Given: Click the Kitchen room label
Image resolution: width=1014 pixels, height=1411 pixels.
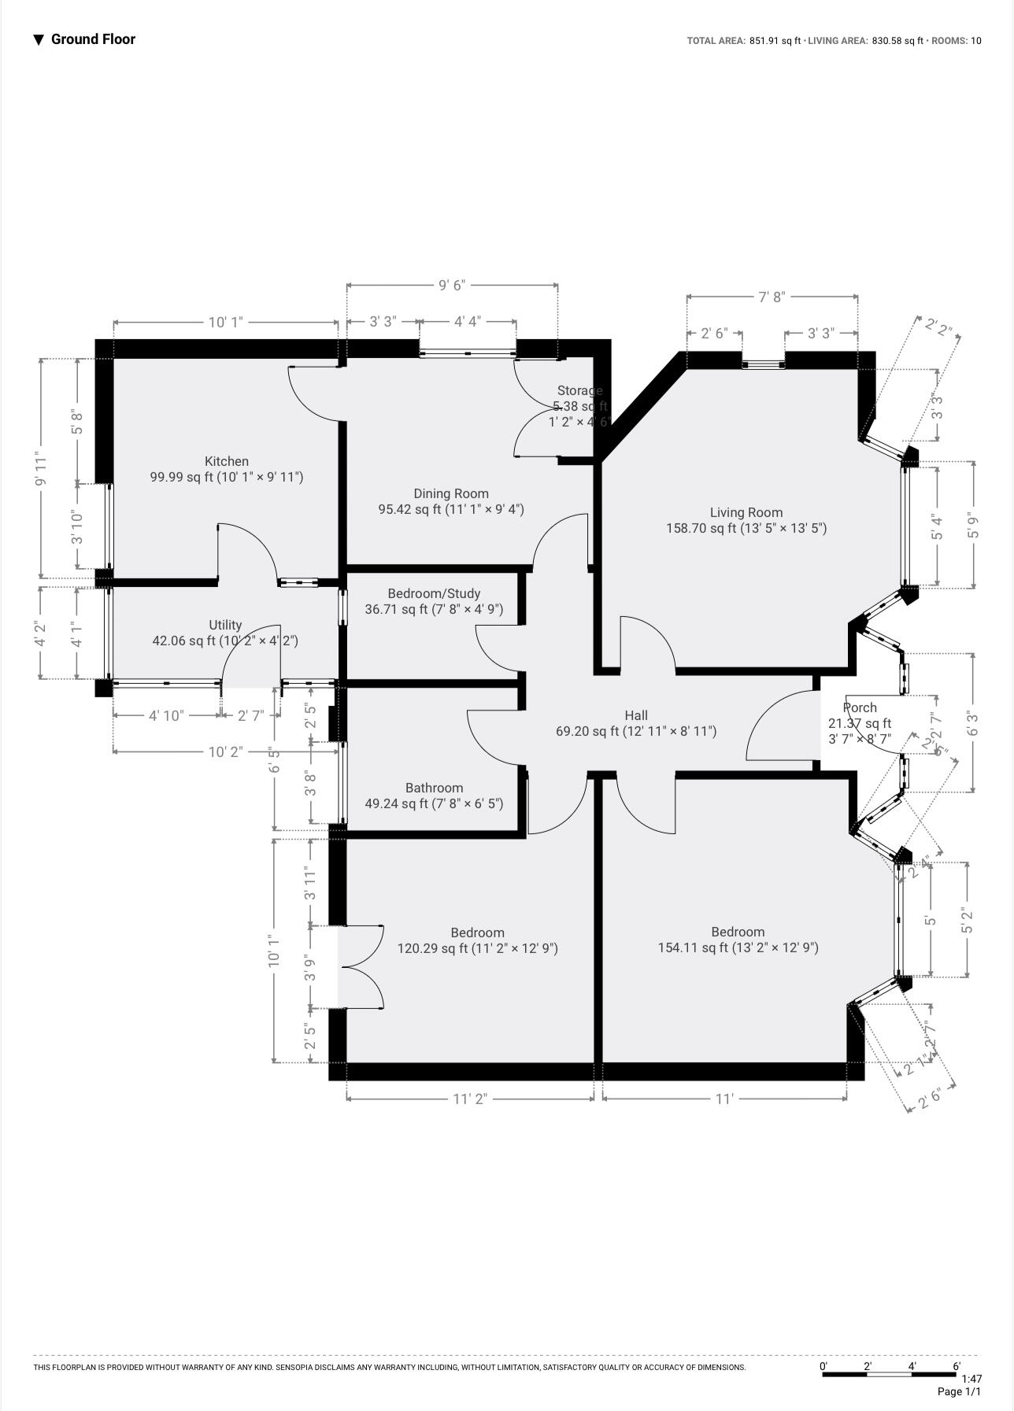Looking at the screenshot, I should click(227, 461).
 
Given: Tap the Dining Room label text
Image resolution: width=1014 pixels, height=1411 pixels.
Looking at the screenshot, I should click(451, 493).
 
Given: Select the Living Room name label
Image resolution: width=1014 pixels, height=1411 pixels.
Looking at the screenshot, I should click(746, 512).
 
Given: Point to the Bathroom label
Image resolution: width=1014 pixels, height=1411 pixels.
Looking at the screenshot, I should click(434, 788).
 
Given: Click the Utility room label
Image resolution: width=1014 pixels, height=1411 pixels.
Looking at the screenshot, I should click(225, 625).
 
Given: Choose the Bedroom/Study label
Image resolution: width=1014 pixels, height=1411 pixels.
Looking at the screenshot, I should click(434, 593).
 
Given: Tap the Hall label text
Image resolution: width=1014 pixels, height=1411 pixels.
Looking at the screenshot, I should click(636, 715).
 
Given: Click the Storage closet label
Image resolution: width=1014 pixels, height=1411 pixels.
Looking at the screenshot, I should click(579, 390).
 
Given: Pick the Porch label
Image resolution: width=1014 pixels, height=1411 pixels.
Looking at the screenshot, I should click(860, 707).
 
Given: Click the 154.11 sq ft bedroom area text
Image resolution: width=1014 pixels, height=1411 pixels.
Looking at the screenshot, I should click(738, 947).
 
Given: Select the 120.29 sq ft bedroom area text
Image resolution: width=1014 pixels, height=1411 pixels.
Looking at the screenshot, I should click(477, 948).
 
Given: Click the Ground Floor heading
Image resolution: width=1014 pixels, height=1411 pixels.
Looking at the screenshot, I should click(93, 39).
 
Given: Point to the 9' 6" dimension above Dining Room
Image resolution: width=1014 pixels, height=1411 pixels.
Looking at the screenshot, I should click(452, 285).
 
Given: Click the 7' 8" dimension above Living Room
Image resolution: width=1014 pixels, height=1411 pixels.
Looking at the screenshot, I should click(772, 297).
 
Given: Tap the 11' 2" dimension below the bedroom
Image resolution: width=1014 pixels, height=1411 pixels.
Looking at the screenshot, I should click(470, 1099).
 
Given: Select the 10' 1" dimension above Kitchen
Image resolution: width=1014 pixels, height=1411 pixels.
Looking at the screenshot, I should click(226, 322).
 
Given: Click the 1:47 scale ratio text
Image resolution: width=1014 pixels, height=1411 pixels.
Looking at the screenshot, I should click(971, 1379).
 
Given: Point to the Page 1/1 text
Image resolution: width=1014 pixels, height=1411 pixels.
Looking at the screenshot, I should click(959, 1391).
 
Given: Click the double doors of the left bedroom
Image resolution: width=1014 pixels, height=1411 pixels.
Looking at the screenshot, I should click(361, 967).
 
